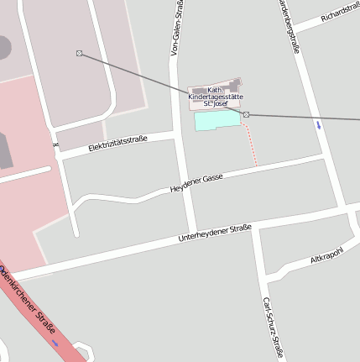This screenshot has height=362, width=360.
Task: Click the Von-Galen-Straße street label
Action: pyautogui.click(x=177, y=29)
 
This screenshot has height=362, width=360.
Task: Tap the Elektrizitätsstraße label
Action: pyautogui.click(x=117, y=144)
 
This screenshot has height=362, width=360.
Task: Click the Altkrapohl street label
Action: pyautogui.click(x=328, y=254)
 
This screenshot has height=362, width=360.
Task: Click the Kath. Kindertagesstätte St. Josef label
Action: pyautogui.click(x=216, y=97)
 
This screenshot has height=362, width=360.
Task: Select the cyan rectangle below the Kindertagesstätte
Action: pyautogui.click(x=217, y=121)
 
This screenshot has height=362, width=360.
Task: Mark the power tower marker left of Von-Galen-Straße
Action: pyautogui.click(x=80, y=54)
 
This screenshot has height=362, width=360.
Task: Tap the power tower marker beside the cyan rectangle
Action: pyautogui.click(x=246, y=113)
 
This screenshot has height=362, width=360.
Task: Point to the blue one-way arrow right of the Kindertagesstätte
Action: pyautogui.click(x=318, y=125)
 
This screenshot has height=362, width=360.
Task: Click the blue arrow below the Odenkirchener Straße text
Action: pyautogui.click(x=56, y=343)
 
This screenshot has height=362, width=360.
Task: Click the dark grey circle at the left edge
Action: pyautogui.click(x=3, y=46)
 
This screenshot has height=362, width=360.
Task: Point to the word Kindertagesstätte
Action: pyautogui.click(x=216, y=97)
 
